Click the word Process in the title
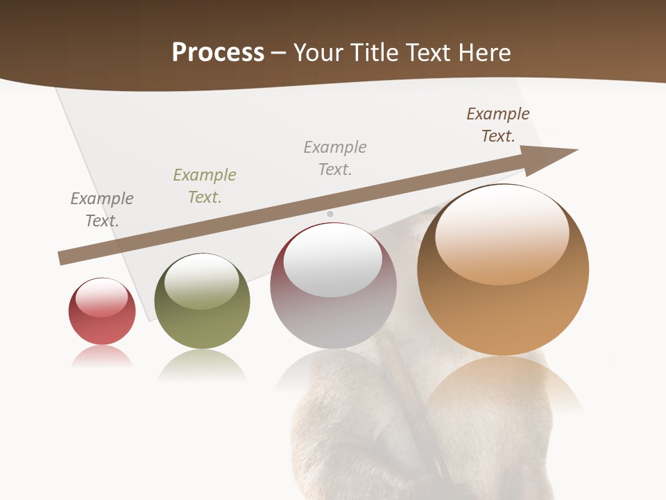(x=218, y=53)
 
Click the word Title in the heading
(x=373, y=53)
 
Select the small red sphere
(x=102, y=311)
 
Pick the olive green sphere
(x=202, y=301)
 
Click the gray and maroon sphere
(x=333, y=285)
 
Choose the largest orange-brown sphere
(x=503, y=269)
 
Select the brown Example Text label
(x=497, y=125)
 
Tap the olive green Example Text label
(x=205, y=186)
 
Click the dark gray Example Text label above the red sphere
(x=102, y=210)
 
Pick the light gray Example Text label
(x=335, y=158)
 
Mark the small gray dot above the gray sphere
(x=330, y=214)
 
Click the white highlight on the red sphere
(x=102, y=297)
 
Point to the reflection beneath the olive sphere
(x=202, y=365)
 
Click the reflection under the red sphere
(x=102, y=356)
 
